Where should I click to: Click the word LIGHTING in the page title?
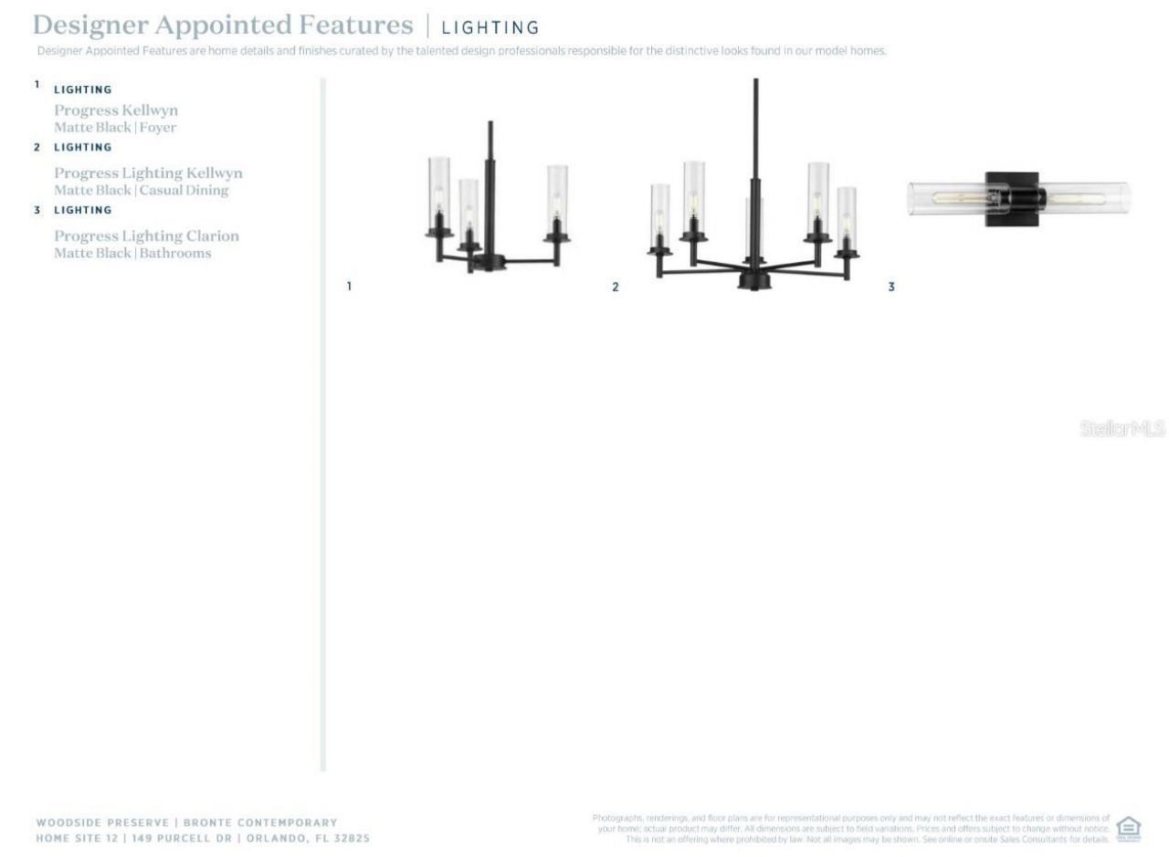490,28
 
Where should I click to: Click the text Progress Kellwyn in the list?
116,110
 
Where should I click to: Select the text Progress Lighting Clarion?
146,236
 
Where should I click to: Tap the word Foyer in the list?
158,128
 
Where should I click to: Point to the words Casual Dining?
184,191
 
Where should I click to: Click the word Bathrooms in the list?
175,254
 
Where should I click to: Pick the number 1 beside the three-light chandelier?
349,287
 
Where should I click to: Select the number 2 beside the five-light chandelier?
616,287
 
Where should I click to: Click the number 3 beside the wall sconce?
891,287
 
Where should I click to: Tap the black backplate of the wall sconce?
1013,198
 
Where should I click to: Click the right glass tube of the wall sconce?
1088,197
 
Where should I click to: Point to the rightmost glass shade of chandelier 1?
557,196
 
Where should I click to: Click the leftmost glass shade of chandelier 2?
659,215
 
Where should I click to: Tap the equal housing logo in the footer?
1128,828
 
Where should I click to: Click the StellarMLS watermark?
1122,428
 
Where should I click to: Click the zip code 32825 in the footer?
352,838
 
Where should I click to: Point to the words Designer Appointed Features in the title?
223,26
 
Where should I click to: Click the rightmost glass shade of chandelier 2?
847,217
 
